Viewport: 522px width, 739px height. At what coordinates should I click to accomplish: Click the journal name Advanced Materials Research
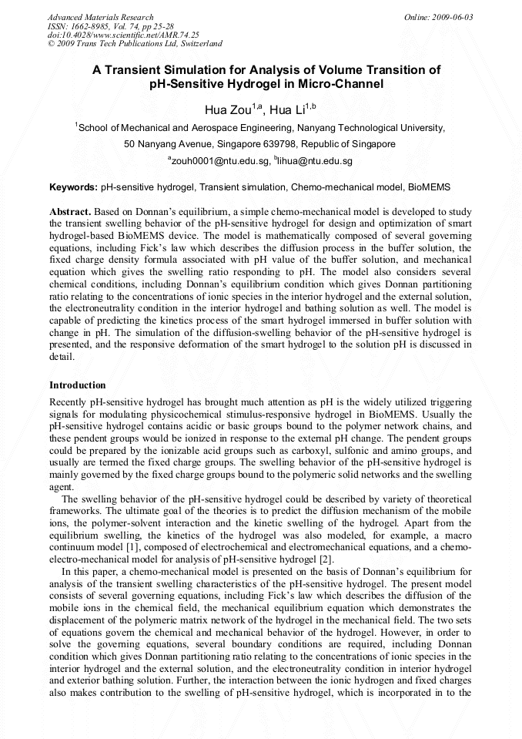tap(100, 17)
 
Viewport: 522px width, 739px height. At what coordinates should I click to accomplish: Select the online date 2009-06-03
tap(450, 17)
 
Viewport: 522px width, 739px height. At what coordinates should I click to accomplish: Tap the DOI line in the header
tap(123, 35)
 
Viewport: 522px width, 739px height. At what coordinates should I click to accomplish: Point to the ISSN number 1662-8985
tap(96, 25)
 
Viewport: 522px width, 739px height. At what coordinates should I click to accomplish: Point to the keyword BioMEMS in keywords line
tap(429, 187)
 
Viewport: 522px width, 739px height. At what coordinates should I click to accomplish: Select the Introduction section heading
tap(78, 385)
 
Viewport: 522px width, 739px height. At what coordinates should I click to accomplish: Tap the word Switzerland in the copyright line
tap(196, 44)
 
